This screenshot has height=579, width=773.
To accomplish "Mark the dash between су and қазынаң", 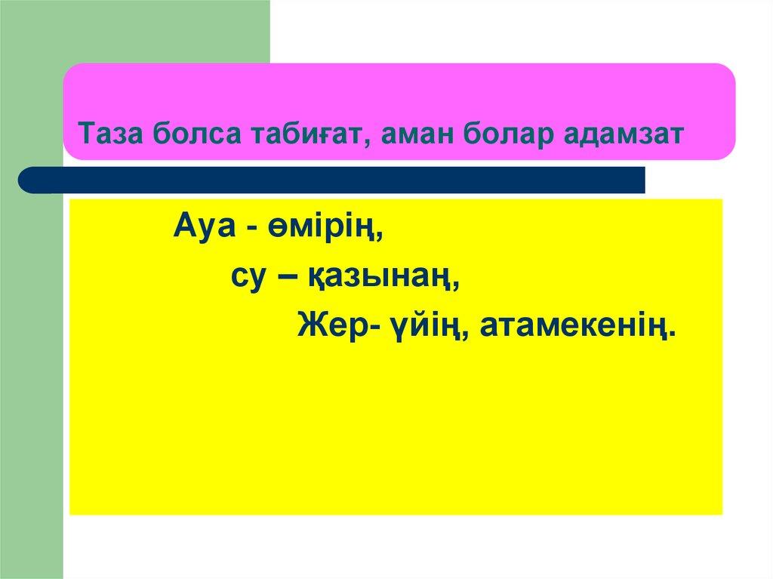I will (x=285, y=279).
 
